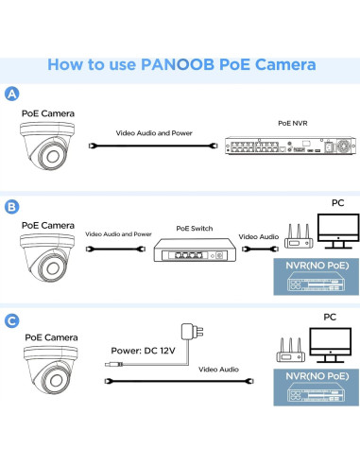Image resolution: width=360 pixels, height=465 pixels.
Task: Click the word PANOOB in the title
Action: click(178, 64)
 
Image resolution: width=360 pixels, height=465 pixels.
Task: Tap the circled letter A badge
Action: click(12, 94)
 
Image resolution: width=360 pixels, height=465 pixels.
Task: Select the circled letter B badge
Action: click(12, 207)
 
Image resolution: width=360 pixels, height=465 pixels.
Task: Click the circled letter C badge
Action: click(12, 320)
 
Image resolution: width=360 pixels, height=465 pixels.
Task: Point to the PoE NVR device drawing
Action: click(290, 146)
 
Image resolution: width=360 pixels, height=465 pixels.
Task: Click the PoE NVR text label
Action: click(293, 123)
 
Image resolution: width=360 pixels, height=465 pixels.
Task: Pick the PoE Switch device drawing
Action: click(195, 250)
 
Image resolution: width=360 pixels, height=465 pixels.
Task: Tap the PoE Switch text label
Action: click(195, 229)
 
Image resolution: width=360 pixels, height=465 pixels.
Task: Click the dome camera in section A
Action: click(47, 146)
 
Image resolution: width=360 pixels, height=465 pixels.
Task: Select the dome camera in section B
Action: click(47, 258)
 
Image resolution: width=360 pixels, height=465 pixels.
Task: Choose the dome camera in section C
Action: click(51, 370)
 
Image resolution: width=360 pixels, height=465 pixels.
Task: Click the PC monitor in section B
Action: click(338, 232)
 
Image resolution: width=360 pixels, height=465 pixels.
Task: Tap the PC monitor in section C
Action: click(330, 345)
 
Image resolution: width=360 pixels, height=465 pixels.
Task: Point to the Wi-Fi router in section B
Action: click(299, 236)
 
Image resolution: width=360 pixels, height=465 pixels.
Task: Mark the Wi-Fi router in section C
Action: click(291, 350)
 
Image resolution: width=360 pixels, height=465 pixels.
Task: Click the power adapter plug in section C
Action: click(192, 332)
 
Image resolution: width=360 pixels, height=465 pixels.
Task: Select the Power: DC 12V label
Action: click(143, 351)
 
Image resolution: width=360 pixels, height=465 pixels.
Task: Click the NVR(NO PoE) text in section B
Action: click(317, 266)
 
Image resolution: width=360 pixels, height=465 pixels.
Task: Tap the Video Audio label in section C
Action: click(218, 370)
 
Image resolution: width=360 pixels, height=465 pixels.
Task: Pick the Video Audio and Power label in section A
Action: click(154, 133)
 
